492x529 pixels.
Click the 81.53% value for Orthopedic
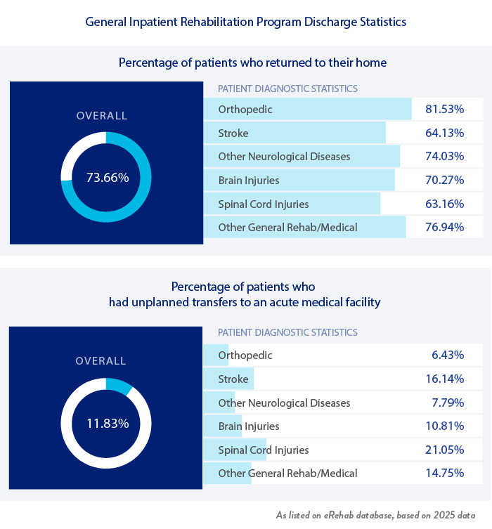(444, 110)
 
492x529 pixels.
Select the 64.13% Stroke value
(444, 133)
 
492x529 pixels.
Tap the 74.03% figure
(444, 157)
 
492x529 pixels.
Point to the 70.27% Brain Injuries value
(444, 181)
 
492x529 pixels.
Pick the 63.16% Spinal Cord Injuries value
(444, 204)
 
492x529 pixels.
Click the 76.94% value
(444, 228)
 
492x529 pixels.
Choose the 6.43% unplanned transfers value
(448, 355)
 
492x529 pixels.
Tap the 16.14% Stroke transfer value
(444, 379)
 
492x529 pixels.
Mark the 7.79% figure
(448, 403)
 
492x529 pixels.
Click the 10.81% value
(444, 426)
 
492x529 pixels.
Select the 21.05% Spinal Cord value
(444, 450)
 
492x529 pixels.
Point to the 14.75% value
(444, 474)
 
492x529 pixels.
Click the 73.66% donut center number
(108, 178)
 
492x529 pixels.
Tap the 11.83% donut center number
(108, 424)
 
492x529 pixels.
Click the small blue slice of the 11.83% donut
(119, 385)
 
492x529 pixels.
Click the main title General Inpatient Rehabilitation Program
(246, 22)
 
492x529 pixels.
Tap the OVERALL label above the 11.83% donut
(101, 361)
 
